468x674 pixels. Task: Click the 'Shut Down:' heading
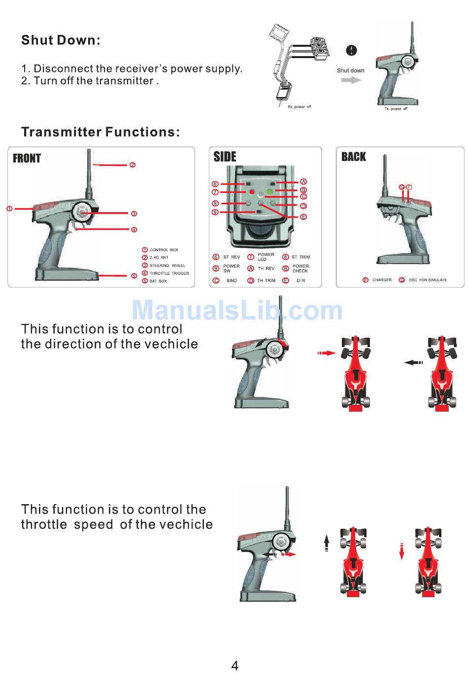[x=61, y=40]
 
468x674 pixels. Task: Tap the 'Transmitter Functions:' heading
[x=100, y=132]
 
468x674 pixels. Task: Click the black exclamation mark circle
[x=351, y=50]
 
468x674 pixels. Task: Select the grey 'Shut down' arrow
[x=351, y=80]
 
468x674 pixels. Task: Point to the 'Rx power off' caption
[x=299, y=107]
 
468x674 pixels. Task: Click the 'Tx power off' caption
[x=396, y=109]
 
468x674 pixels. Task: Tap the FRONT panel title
[x=27, y=159]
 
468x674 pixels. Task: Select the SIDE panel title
[x=225, y=157]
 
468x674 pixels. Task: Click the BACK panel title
[x=354, y=157]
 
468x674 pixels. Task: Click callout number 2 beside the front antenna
[x=133, y=165]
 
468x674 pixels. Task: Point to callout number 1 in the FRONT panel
[x=9, y=209]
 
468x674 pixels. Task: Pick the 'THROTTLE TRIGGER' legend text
[x=169, y=273]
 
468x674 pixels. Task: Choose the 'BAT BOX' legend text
[x=158, y=281]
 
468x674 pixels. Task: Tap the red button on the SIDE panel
[x=251, y=192]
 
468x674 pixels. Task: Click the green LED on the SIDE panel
[x=269, y=191]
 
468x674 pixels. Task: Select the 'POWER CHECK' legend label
[x=300, y=268]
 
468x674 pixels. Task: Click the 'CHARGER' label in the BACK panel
[x=382, y=280]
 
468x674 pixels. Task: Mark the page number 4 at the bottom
[x=234, y=666]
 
